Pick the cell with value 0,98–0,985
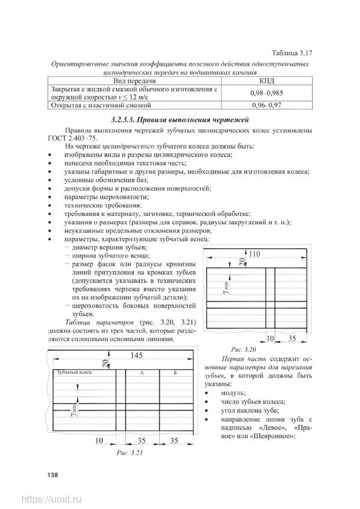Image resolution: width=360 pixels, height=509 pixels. click(266, 93)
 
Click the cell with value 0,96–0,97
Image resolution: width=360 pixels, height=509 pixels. click(266, 106)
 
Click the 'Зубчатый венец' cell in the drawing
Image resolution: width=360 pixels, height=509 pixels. click(74, 372)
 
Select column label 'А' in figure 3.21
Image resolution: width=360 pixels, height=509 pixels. click(142, 373)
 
